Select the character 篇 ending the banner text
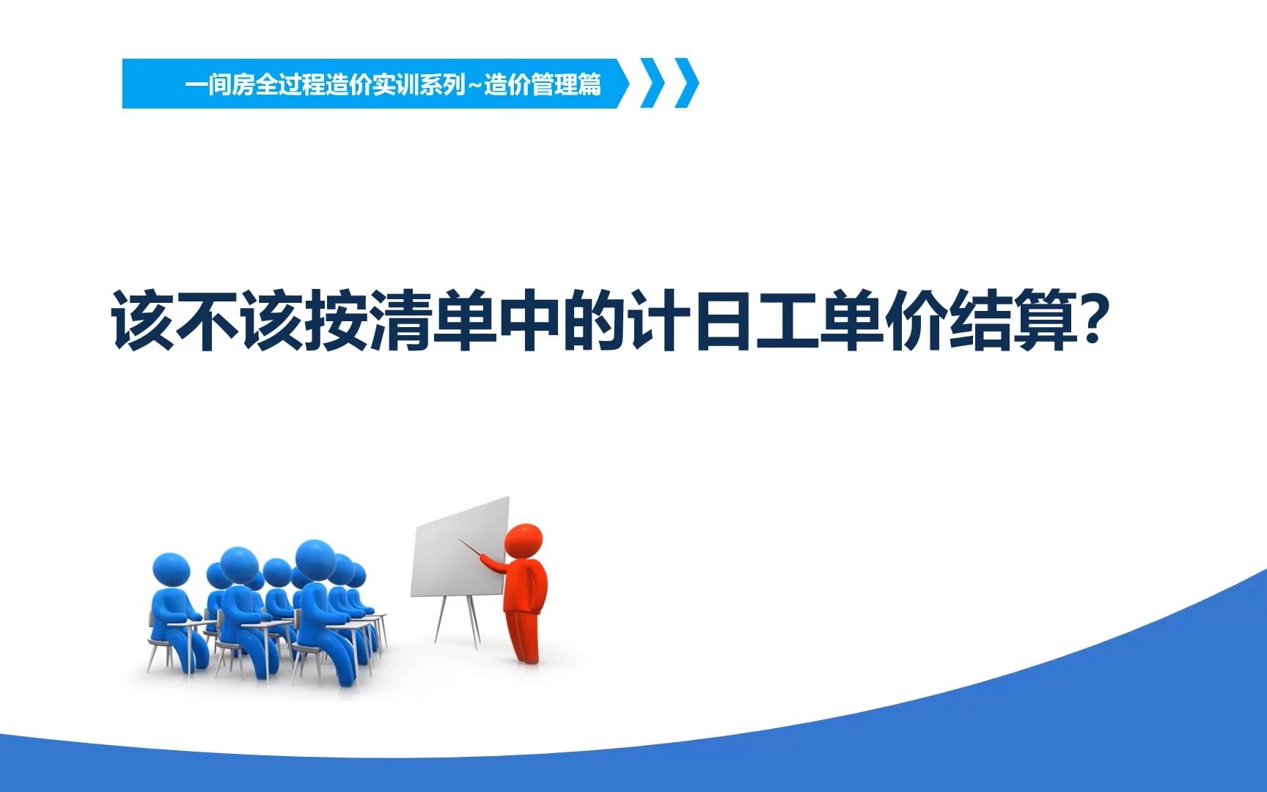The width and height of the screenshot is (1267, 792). click(589, 85)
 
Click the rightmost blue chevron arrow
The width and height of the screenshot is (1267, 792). click(688, 84)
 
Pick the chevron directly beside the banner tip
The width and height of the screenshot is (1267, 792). click(653, 84)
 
